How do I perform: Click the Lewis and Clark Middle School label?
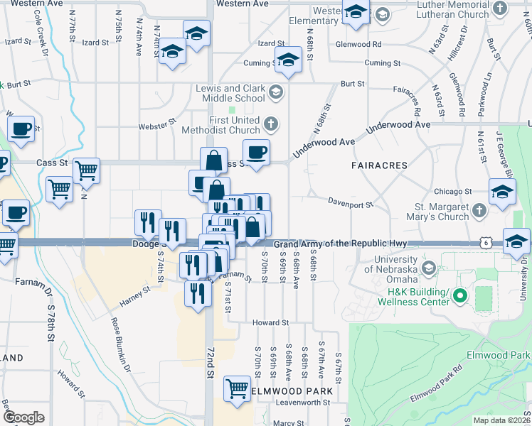pos(230,93)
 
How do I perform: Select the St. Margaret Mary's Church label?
pos(434,212)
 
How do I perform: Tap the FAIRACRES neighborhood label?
pos(379,165)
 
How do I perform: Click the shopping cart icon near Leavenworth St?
pos(237,388)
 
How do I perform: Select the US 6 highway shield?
pos(484,244)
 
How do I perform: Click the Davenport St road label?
pos(350,204)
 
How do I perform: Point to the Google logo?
pos(23,417)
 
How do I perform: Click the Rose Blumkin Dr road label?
pos(119,344)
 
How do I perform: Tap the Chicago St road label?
pos(453,192)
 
